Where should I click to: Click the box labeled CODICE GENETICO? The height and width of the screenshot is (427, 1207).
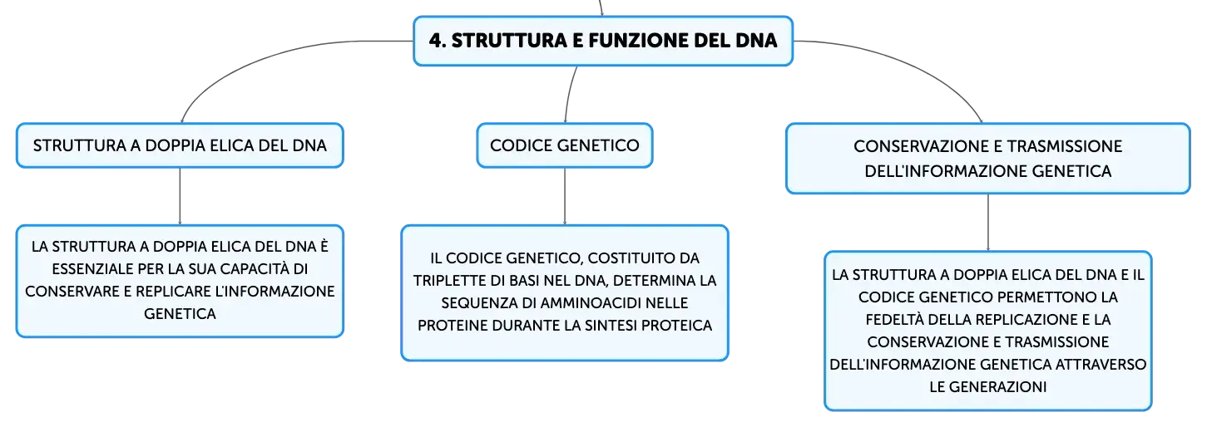tap(565, 145)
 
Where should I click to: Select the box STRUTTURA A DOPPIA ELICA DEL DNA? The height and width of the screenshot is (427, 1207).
tap(180, 145)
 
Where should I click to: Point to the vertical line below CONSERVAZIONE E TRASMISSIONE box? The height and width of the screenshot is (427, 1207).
tap(988, 223)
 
